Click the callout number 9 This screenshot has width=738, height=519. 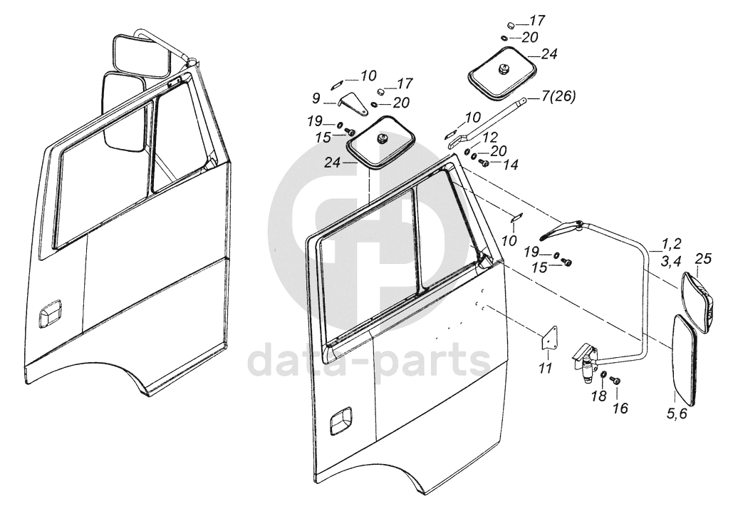tap(316, 97)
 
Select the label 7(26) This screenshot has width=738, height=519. tap(559, 96)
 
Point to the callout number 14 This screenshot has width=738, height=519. tap(510, 165)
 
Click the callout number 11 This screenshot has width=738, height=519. tap(545, 369)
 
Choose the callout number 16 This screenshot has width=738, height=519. tap(620, 408)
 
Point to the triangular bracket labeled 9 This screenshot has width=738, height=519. tap(354, 104)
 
